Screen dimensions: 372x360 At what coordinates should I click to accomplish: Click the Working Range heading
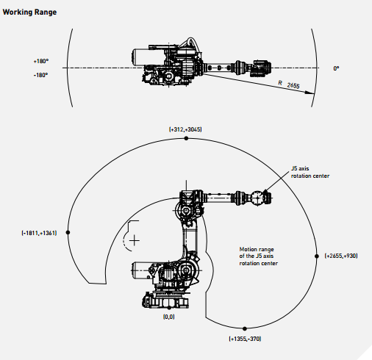29,12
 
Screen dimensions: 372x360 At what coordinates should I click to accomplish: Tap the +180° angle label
41,61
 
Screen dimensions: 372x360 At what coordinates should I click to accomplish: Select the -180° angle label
40,75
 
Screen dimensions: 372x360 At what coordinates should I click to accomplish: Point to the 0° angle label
336,68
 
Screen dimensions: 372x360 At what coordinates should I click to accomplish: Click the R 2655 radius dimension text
289,84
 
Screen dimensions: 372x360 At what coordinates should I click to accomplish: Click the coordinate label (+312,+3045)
185,129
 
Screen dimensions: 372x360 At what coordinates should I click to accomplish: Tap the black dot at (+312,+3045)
186,138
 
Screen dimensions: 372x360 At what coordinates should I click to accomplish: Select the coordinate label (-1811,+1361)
39,233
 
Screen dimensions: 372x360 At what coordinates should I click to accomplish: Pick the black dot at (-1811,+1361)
68,232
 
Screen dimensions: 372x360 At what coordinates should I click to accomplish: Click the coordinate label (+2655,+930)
341,256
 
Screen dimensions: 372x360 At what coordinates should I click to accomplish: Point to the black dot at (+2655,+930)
317,256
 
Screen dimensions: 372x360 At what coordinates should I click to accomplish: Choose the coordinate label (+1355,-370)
245,339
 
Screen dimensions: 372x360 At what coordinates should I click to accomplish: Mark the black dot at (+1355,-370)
245,328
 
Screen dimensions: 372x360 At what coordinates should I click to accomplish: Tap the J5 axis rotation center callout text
310,172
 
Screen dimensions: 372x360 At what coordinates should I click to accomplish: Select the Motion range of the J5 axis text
259,256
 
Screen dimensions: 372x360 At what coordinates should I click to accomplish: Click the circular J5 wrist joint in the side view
257,198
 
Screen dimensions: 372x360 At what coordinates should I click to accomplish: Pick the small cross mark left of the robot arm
134,241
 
